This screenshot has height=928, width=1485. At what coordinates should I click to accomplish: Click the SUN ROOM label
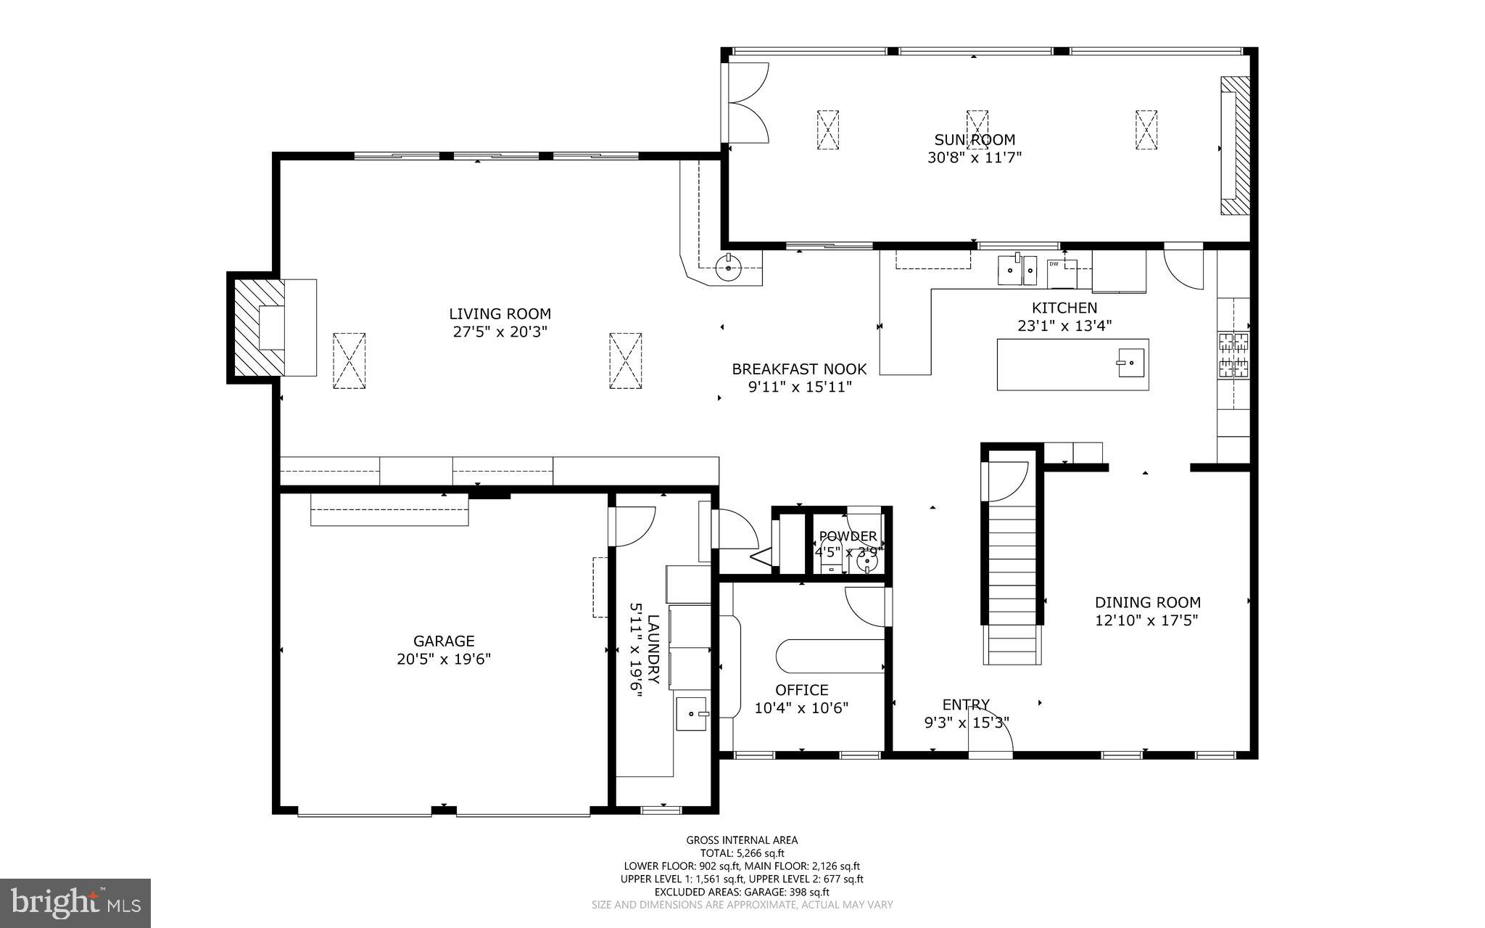974,139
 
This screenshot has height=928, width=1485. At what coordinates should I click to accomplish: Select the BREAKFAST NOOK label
799,369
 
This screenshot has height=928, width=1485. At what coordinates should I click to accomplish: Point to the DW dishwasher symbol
1054,264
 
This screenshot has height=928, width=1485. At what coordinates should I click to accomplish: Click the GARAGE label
444,641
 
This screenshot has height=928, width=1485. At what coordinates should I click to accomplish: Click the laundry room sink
692,713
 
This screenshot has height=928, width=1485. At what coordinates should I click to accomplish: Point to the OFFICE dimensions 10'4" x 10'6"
801,707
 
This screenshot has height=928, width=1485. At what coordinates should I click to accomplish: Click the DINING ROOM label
1147,602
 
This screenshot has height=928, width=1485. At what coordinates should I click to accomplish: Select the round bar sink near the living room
728,268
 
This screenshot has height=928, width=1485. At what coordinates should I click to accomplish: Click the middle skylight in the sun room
977,130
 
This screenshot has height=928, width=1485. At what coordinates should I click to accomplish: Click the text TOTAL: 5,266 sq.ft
742,853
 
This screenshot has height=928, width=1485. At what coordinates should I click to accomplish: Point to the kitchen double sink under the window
1019,270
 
